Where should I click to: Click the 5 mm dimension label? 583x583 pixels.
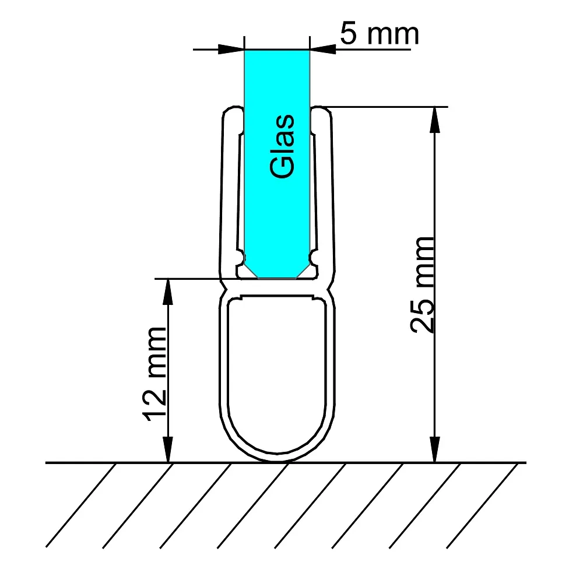point(380,34)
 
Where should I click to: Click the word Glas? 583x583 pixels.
point(282,146)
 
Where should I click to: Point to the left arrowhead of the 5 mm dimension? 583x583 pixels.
point(231,49)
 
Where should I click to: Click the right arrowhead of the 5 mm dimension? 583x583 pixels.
point(323,49)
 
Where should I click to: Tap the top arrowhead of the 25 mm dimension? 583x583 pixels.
point(434,120)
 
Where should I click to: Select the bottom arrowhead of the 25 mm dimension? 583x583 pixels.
point(434,449)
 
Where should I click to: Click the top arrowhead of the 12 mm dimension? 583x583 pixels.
point(168,292)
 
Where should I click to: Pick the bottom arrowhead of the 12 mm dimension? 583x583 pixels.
point(168,449)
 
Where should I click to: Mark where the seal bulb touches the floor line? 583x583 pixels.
point(277,462)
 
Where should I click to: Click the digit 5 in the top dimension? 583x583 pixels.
point(349,34)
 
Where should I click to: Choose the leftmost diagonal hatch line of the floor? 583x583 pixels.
point(80,505)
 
